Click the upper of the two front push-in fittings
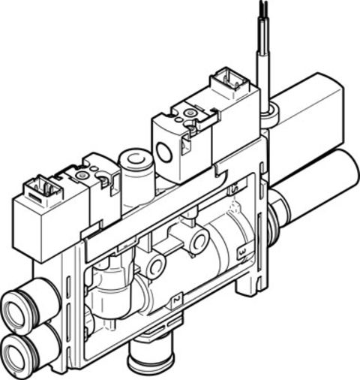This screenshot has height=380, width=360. point(16,309)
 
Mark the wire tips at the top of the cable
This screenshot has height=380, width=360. point(262,9)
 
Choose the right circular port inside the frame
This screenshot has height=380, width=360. point(199,240)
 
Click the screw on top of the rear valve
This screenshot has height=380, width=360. point(188,113)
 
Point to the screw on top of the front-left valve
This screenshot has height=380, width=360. point(82,175)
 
